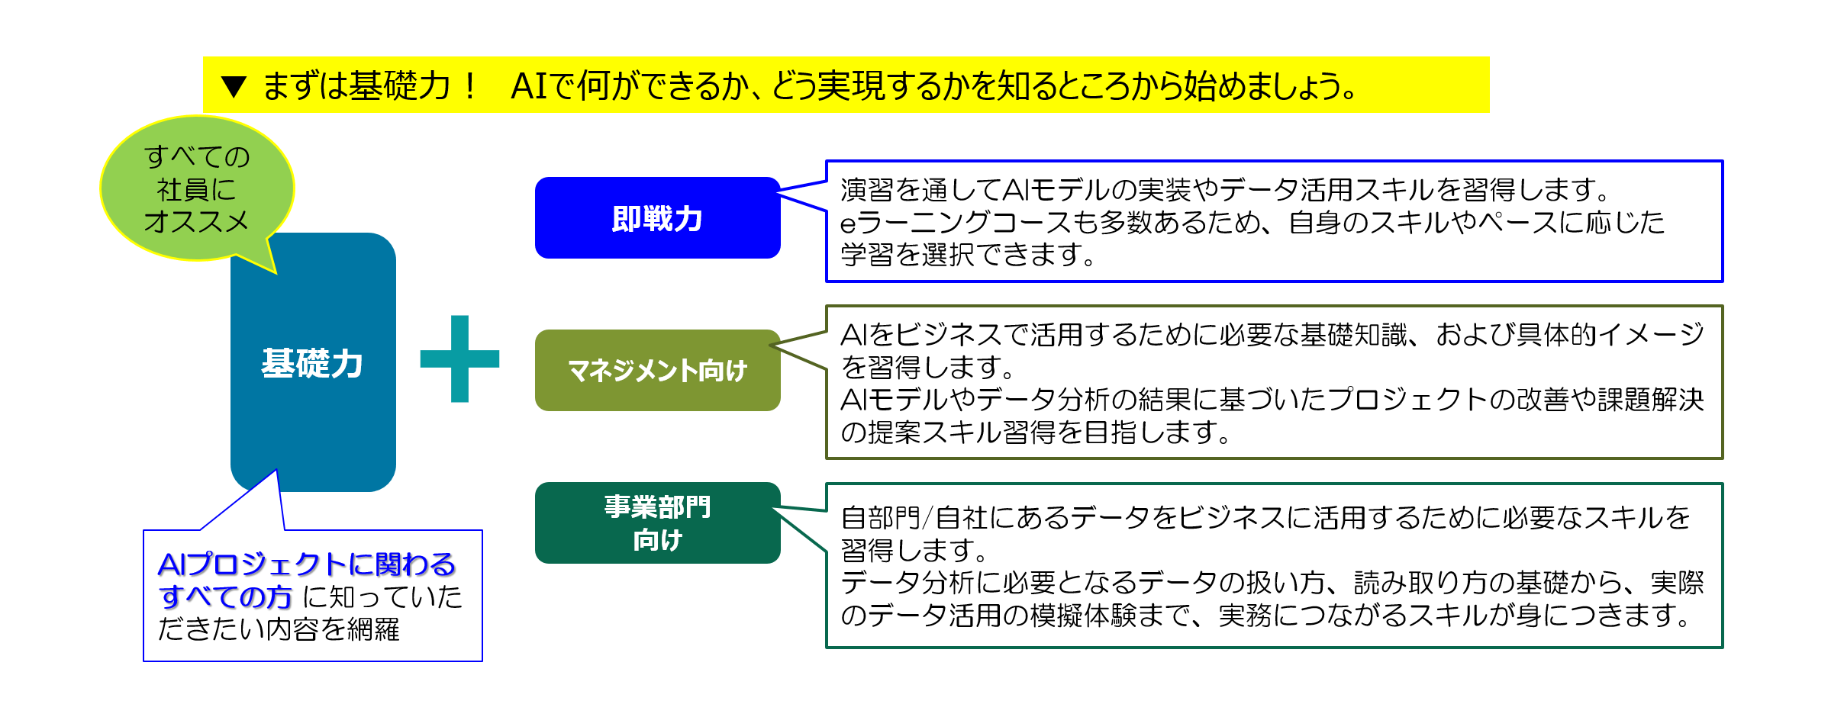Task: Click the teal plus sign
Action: click(459, 359)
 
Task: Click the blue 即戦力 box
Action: click(658, 218)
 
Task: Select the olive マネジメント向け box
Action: click(658, 371)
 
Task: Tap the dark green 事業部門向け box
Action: click(658, 523)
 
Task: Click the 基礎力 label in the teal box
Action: click(312, 363)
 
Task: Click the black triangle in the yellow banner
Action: click(234, 86)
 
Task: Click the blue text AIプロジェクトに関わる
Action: click(307, 564)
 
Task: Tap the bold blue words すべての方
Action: click(225, 596)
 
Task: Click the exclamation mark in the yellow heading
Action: click(470, 85)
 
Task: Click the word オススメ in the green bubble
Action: click(197, 221)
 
